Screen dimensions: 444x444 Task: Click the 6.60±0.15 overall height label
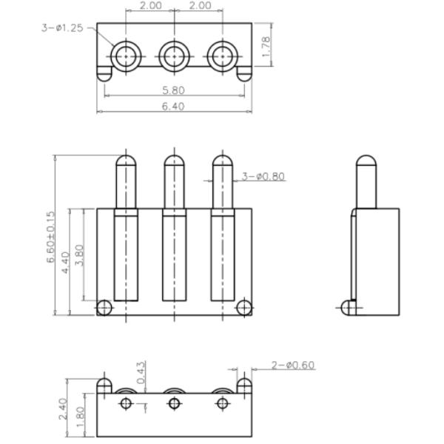[x=50, y=238]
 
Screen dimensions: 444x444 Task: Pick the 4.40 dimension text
[x=65, y=262]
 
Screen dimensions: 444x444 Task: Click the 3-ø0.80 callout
[x=263, y=177]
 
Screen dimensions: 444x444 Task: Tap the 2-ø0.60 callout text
[x=293, y=365]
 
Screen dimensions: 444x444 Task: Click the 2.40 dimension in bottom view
[x=62, y=407]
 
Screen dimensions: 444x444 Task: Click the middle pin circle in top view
[x=174, y=56]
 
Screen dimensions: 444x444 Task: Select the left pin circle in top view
[x=126, y=56]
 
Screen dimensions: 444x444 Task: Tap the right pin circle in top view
[x=222, y=56]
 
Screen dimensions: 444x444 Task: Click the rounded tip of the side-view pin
[x=366, y=161]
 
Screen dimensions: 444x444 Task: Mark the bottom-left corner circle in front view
[x=105, y=307]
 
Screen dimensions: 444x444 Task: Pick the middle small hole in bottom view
[x=174, y=403]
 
